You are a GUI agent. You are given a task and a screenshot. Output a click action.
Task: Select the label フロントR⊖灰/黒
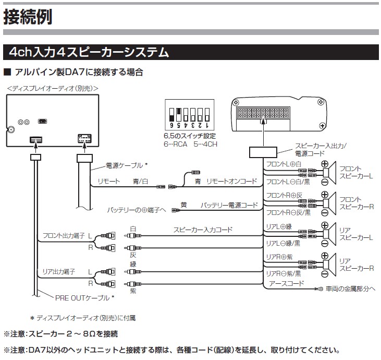(288, 213)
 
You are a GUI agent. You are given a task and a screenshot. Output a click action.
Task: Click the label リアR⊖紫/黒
(284, 273)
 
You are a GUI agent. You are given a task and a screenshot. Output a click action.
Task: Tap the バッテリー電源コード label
(229, 205)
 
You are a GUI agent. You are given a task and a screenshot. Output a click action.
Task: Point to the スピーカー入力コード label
(203, 229)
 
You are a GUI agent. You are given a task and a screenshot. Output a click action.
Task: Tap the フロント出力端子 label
(63, 235)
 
